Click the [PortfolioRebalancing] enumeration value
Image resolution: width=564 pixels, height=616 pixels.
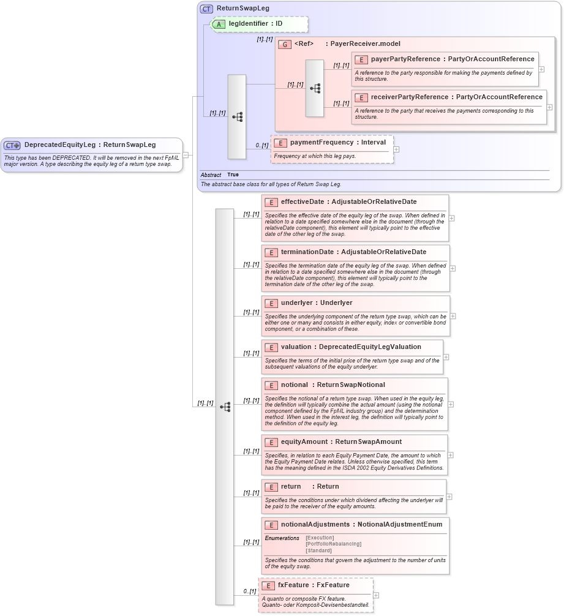tap(333, 544)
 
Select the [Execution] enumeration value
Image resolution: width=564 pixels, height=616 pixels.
tap(320, 538)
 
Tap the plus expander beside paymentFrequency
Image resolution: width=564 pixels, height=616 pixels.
tap(396, 149)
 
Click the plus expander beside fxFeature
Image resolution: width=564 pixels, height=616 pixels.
tap(376, 595)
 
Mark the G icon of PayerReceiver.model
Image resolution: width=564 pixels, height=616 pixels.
tap(284, 45)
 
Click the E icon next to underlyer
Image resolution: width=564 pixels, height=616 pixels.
tap(271, 304)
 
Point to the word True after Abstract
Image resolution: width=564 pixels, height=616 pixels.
tap(233, 175)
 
